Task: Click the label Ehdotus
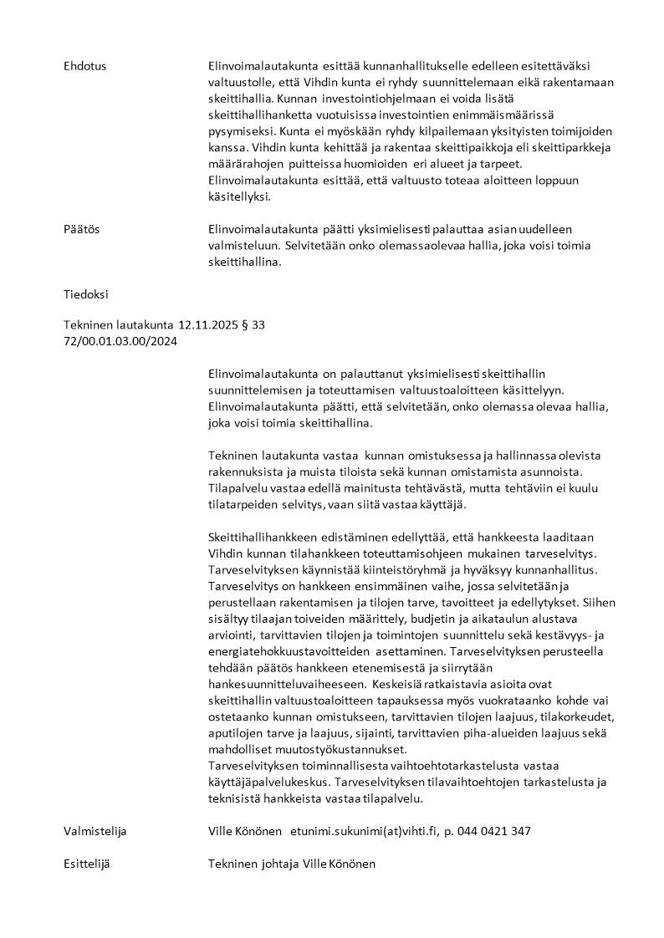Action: (x=84, y=66)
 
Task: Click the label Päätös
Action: (x=81, y=229)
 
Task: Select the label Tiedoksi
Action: (x=85, y=294)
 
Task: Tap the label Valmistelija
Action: (x=95, y=831)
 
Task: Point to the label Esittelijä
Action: (x=87, y=864)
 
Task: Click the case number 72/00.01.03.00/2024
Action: (x=120, y=341)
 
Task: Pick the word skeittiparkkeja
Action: (x=568, y=147)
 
